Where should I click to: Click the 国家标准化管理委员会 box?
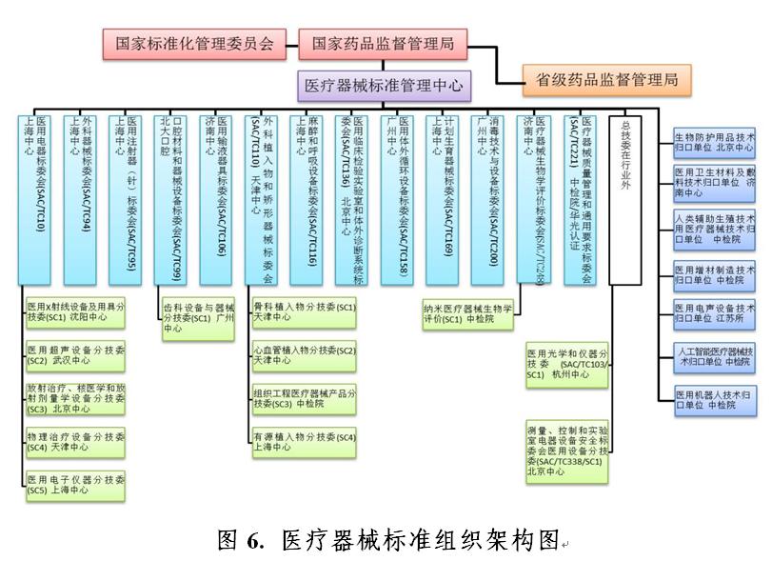click(194, 43)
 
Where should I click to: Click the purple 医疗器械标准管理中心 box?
click(384, 87)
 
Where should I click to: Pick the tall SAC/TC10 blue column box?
click(38, 199)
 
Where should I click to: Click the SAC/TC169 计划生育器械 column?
click(441, 199)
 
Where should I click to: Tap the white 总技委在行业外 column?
click(625, 199)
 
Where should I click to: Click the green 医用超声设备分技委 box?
click(75, 357)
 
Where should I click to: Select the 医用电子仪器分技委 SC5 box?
click(75, 485)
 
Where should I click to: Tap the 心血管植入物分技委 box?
click(304, 357)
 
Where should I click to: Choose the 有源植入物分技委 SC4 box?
click(304, 442)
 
